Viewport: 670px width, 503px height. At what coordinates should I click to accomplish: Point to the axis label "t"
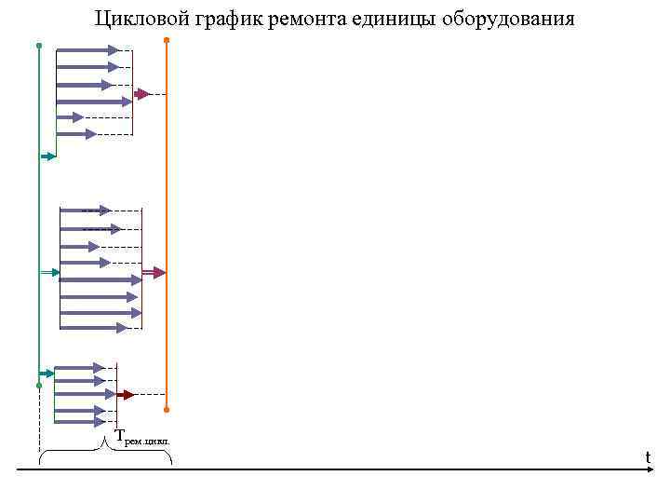point(648,456)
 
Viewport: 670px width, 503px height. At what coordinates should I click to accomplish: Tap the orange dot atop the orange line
point(167,40)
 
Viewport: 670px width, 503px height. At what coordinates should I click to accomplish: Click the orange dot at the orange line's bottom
point(167,409)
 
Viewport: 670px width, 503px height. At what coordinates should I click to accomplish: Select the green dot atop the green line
point(39,45)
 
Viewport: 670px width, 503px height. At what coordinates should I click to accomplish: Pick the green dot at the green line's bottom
point(39,385)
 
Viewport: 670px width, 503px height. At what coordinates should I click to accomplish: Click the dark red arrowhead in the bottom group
point(128,395)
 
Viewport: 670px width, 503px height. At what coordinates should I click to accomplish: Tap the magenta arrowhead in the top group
point(142,94)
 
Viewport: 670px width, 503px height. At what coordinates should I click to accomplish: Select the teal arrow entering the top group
point(49,156)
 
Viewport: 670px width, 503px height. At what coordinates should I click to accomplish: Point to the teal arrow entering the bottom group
point(48,374)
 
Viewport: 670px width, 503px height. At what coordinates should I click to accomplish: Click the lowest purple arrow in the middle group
point(94,328)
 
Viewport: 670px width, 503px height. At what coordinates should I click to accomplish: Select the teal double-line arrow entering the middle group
point(51,272)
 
